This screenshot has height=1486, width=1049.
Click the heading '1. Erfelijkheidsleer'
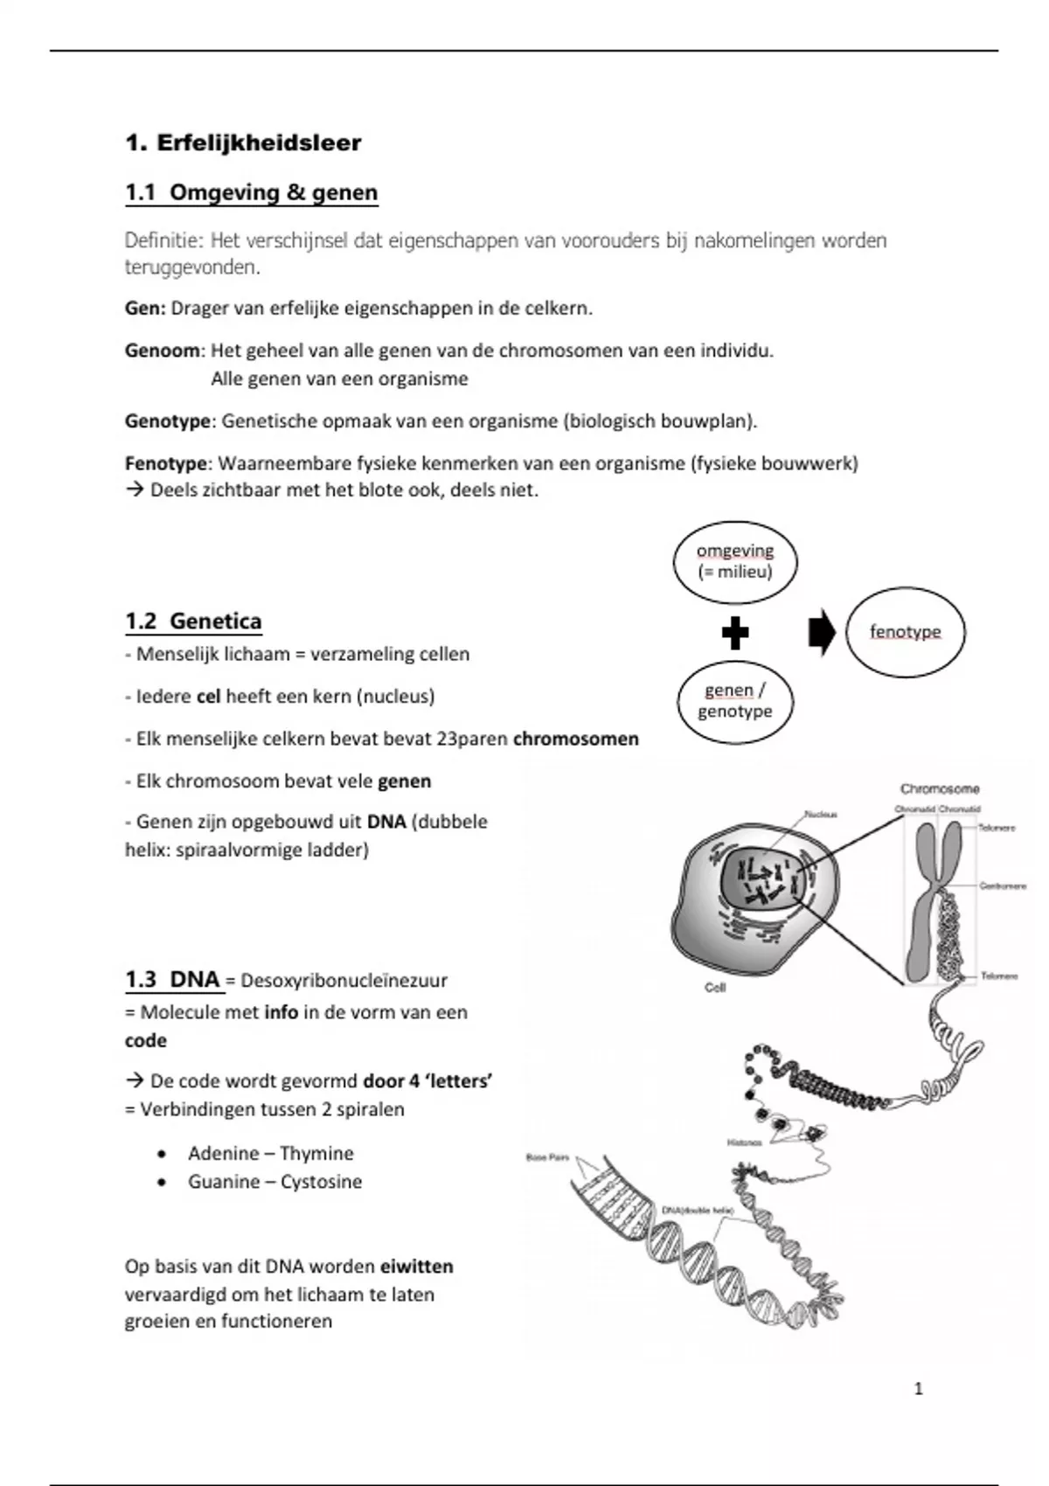pos(243,143)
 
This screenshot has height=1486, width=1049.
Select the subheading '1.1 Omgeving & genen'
pos(252,193)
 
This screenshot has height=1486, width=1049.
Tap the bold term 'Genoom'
pos(163,351)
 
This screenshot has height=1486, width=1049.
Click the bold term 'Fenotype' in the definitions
pos(166,463)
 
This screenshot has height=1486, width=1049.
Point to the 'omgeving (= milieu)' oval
pos(735,562)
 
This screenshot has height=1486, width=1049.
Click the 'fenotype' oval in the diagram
pos(905,632)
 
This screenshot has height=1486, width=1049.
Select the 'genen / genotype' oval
pos(735,701)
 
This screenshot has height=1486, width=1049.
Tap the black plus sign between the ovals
pos(735,633)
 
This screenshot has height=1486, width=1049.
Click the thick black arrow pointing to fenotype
pos(822,633)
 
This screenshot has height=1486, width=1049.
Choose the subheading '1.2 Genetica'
pos(193,621)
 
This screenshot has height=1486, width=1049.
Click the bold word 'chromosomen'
pos(575,740)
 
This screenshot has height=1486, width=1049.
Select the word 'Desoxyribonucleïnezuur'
pos(344,981)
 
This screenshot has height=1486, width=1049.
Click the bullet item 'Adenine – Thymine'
pos(270,1154)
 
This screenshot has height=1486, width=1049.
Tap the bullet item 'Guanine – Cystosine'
pos(274,1182)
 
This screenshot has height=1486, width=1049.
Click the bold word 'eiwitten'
pos(416,1267)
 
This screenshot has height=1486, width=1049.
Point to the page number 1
pos(918,1389)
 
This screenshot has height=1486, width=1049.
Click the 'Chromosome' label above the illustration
pos(940,788)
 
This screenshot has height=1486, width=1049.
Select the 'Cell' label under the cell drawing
pos(715,988)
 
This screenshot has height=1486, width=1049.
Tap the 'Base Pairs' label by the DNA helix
pos(547,1157)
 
